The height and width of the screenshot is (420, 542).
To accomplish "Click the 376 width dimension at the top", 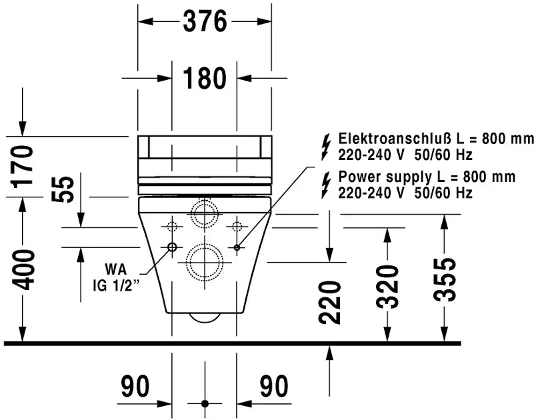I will pyautogui.click(x=205, y=22).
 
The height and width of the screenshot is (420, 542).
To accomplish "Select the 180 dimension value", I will pyautogui.click(x=205, y=79).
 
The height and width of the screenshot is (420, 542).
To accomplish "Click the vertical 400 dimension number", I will pyautogui.click(x=25, y=269).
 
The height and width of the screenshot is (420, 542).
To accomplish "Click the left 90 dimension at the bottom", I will pyautogui.click(x=135, y=386).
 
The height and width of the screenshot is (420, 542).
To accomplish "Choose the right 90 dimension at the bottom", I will pyautogui.click(x=273, y=386).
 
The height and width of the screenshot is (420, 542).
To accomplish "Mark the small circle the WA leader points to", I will pyautogui.click(x=172, y=247).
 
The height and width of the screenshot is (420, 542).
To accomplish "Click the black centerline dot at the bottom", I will pyautogui.click(x=205, y=404).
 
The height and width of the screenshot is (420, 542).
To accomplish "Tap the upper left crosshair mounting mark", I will pyautogui.click(x=172, y=223).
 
